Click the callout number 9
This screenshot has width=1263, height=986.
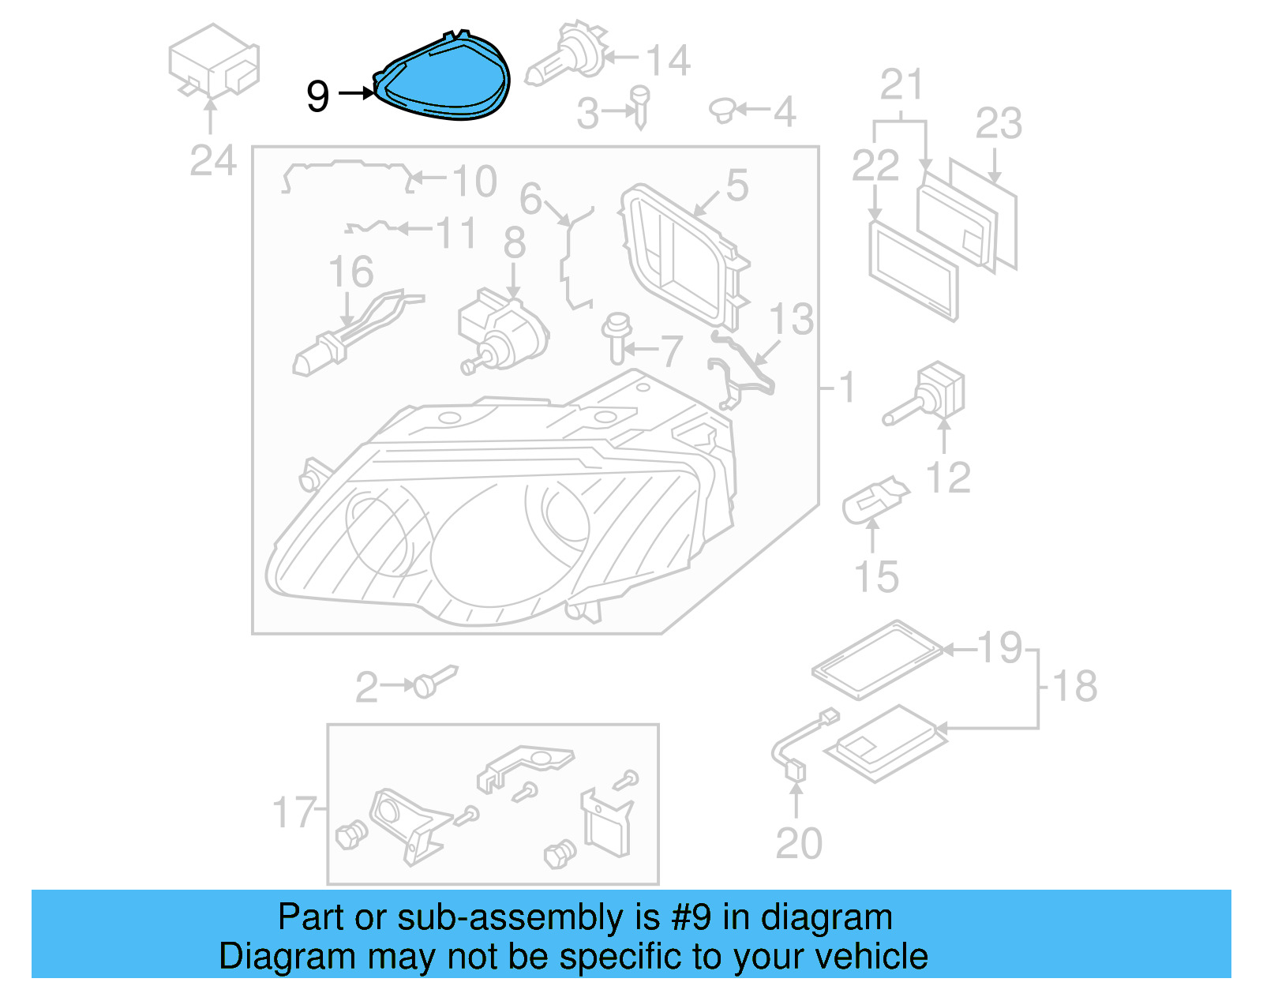pyautogui.click(x=317, y=96)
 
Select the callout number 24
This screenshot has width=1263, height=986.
pyautogui.click(x=212, y=161)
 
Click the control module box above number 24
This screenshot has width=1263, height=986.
pyautogui.click(x=213, y=61)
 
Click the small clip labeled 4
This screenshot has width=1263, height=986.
pyautogui.click(x=722, y=111)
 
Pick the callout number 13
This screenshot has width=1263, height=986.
pyautogui.click(x=791, y=319)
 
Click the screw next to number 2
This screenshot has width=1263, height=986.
pyautogui.click(x=434, y=680)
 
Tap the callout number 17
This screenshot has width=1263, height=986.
pyautogui.click(x=293, y=812)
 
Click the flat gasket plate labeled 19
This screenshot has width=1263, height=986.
pyautogui.click(x=876, y=658)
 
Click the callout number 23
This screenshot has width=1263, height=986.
pyautogui.click(x=999, y=124)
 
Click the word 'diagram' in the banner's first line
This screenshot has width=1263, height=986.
pyautogui.click(x=826, y=917)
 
